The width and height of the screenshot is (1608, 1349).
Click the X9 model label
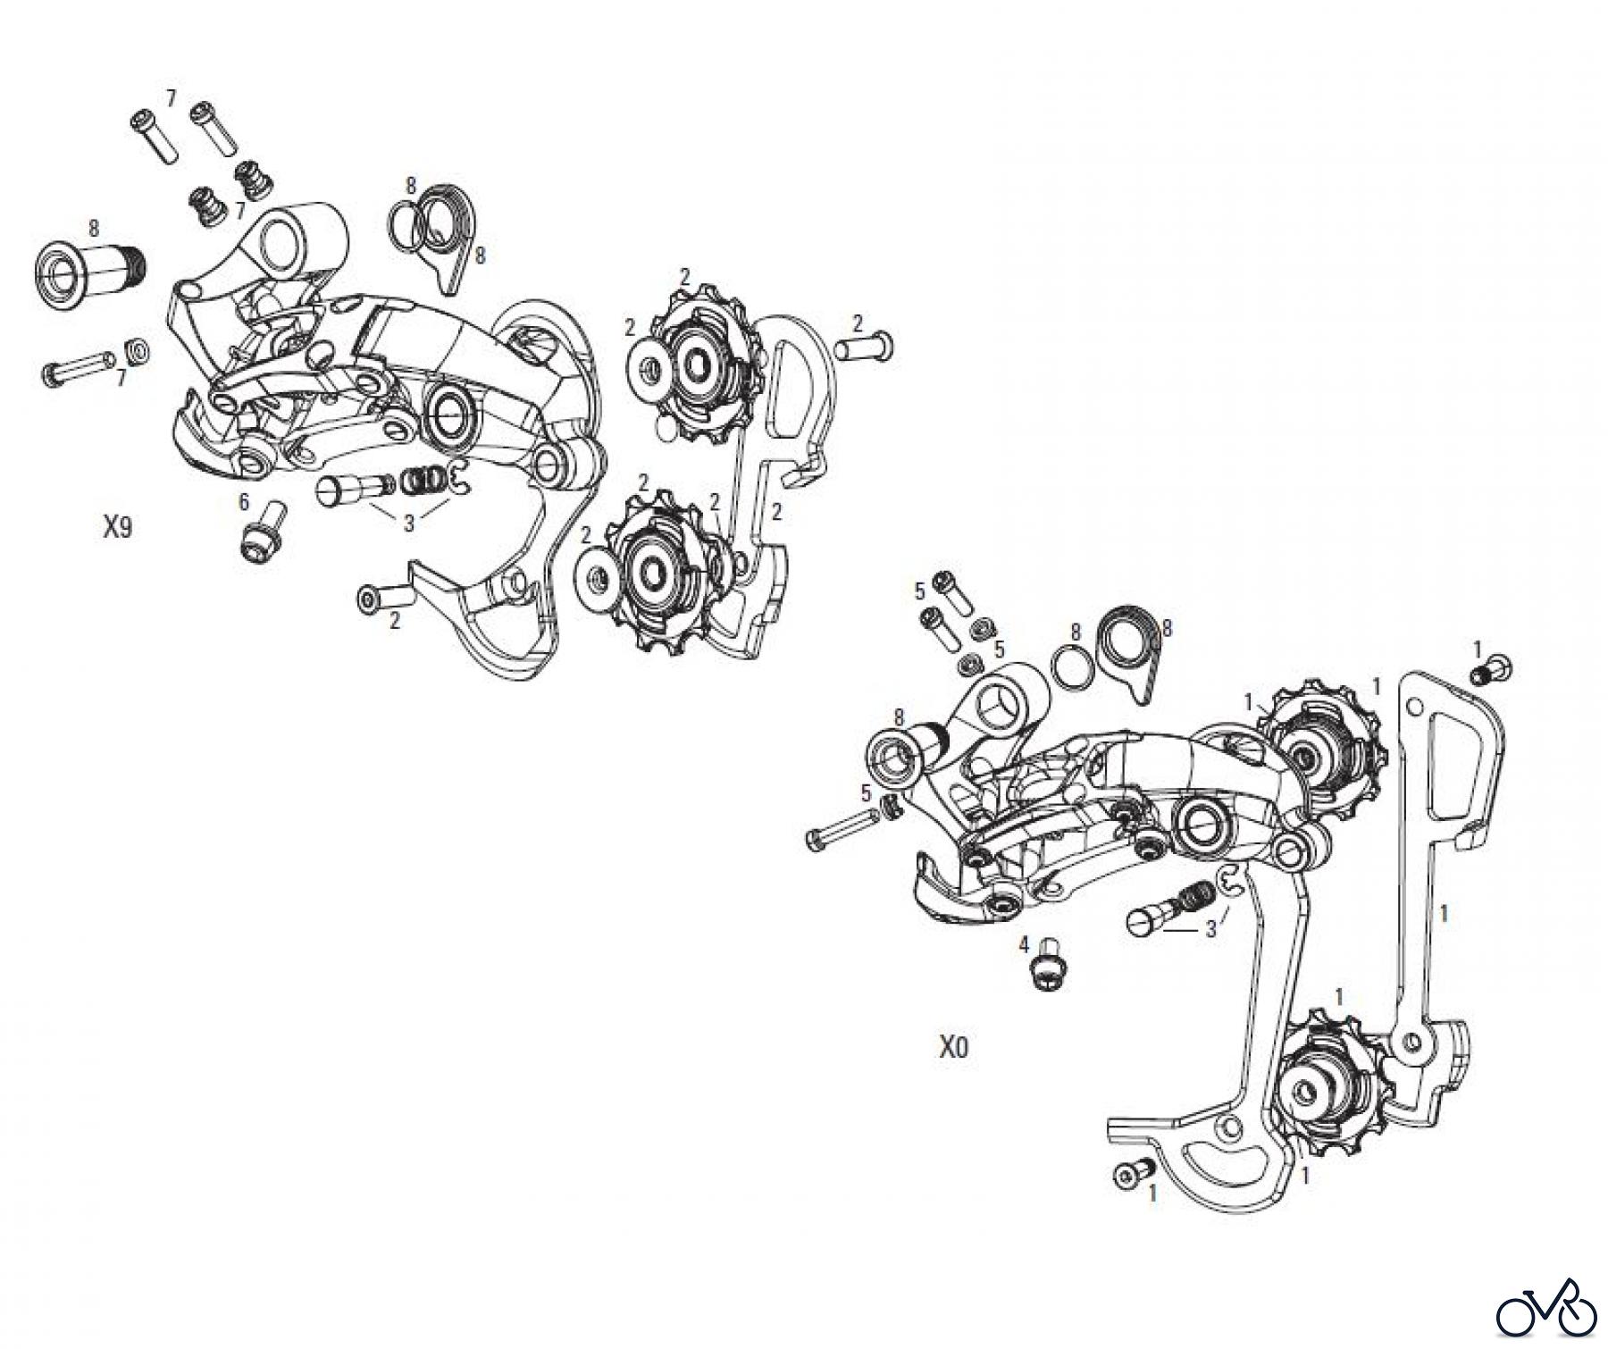(117, 528)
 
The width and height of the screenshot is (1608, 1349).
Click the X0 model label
(953, 1047)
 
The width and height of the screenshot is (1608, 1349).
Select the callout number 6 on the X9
(243, 502)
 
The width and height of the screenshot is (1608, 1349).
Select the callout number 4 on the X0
(1025, 943)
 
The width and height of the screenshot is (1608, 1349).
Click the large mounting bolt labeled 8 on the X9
(89, 266)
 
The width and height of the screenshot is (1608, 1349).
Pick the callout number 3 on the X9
(408, 524)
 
